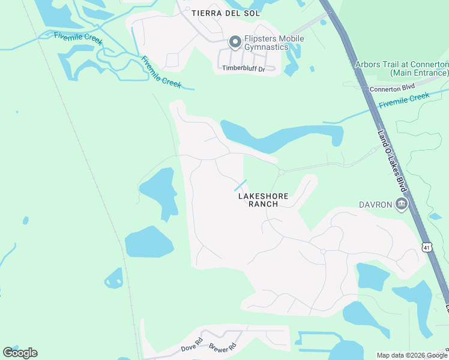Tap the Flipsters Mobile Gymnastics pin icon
coord(235,42)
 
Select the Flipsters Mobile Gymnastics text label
coord(273,43)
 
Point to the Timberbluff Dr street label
coord(244,68)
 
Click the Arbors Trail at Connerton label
coord(402,68)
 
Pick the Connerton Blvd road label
coord(392,88)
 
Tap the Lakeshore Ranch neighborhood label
coord(264,200)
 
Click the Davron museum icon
coord(401,205)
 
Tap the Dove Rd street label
coord(189,347)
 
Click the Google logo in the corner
coord(20,353)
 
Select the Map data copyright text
coord(412,355)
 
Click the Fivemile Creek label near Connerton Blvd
coord(404,100)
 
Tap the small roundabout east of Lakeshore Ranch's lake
coord(281,172)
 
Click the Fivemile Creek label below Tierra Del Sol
coord(160,72)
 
